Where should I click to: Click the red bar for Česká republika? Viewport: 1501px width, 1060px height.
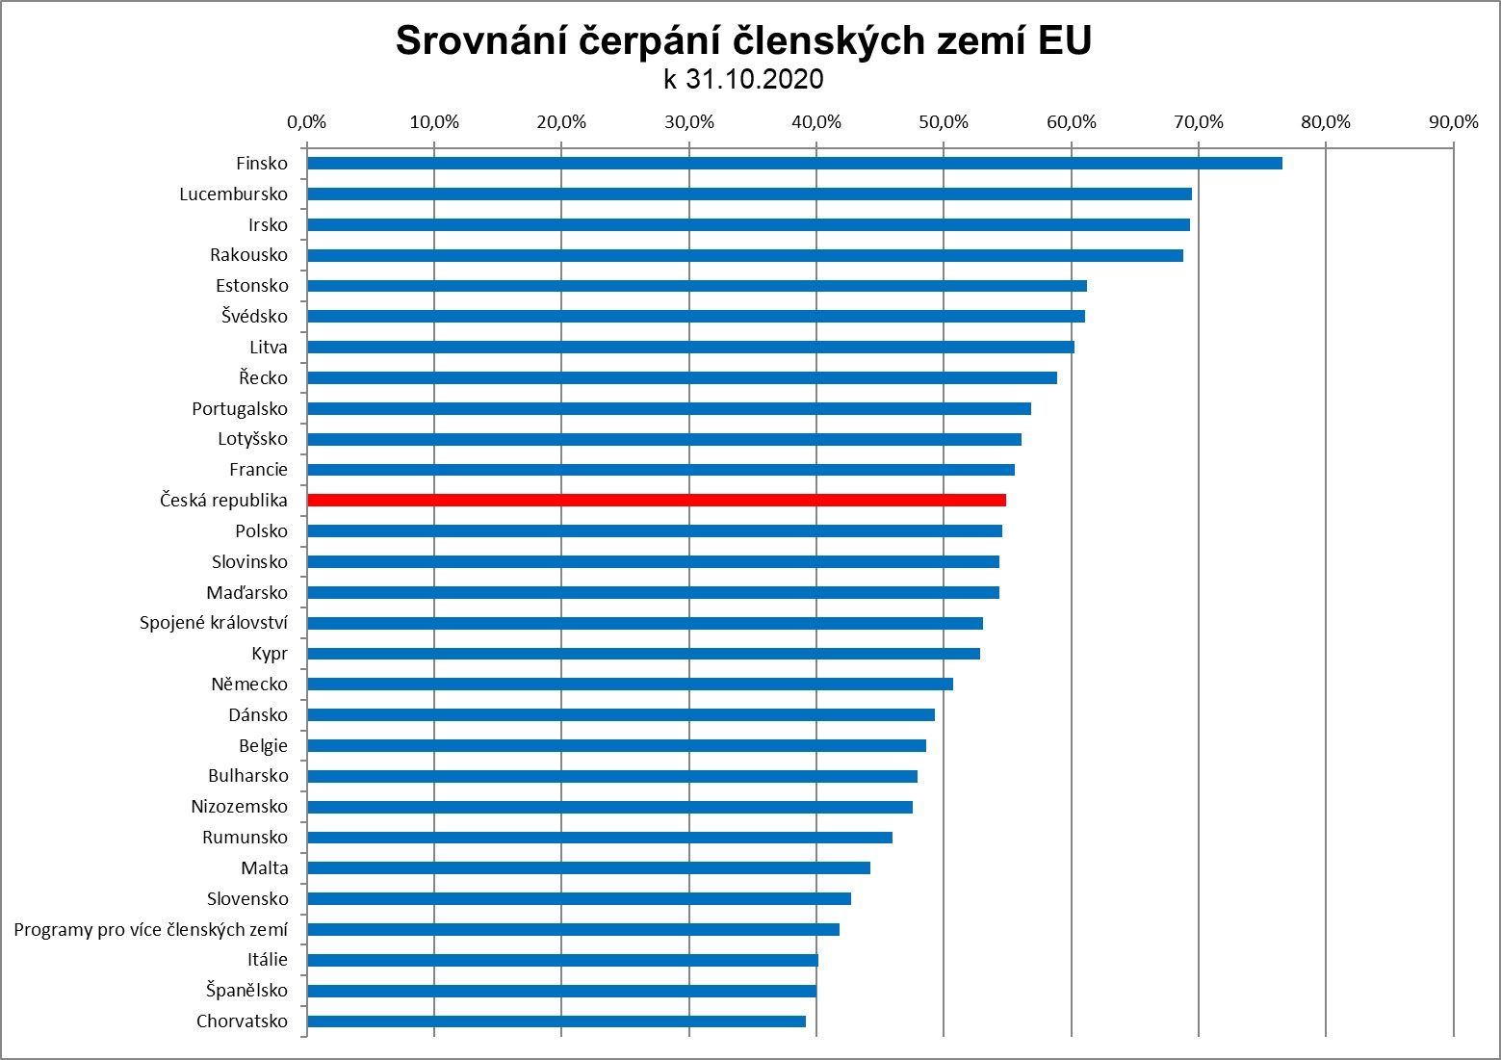657,500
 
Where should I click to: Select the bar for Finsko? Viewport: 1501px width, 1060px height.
794,163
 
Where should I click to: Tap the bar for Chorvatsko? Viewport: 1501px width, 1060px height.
556,1021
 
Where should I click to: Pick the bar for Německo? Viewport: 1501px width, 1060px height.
630,684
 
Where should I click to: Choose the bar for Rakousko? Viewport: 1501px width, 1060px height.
744,255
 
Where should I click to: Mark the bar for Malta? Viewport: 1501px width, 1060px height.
588,867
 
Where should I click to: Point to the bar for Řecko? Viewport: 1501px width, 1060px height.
682,377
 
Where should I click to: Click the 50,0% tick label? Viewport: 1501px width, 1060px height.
944,122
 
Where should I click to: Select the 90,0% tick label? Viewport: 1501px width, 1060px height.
1453,122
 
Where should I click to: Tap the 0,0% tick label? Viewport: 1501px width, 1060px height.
307,122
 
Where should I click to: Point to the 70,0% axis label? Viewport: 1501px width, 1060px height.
1198,122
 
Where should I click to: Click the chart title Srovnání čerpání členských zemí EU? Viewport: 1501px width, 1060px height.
743,40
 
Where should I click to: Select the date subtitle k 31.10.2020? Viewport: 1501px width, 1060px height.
743,79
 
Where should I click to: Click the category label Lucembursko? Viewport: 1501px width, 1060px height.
233,194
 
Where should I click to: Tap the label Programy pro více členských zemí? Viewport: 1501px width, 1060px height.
150,929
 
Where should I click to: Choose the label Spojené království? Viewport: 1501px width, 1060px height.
213,623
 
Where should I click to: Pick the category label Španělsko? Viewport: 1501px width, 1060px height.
246,990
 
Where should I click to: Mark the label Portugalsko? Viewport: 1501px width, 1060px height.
239,408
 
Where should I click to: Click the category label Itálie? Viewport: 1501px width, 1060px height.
267,960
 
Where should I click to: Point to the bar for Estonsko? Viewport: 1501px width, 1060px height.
696,285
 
